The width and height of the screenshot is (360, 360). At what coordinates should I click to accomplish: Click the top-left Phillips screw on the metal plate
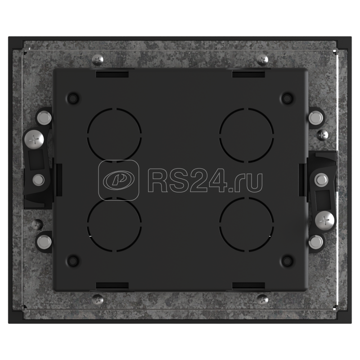98,60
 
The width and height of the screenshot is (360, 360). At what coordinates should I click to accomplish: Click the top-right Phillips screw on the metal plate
262,60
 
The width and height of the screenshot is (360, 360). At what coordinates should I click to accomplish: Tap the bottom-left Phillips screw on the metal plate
98,299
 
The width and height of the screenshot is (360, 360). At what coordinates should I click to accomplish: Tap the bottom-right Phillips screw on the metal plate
262,299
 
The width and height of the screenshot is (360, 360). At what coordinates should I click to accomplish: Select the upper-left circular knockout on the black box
114,135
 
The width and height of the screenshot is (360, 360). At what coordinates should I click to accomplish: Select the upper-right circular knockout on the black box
246,135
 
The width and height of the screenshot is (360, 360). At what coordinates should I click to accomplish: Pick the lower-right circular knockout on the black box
246,224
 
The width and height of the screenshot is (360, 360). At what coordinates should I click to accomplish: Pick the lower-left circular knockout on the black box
114,224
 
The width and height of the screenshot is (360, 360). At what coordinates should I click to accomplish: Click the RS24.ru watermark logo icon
118,180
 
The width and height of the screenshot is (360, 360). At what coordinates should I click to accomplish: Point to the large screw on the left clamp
34,139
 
